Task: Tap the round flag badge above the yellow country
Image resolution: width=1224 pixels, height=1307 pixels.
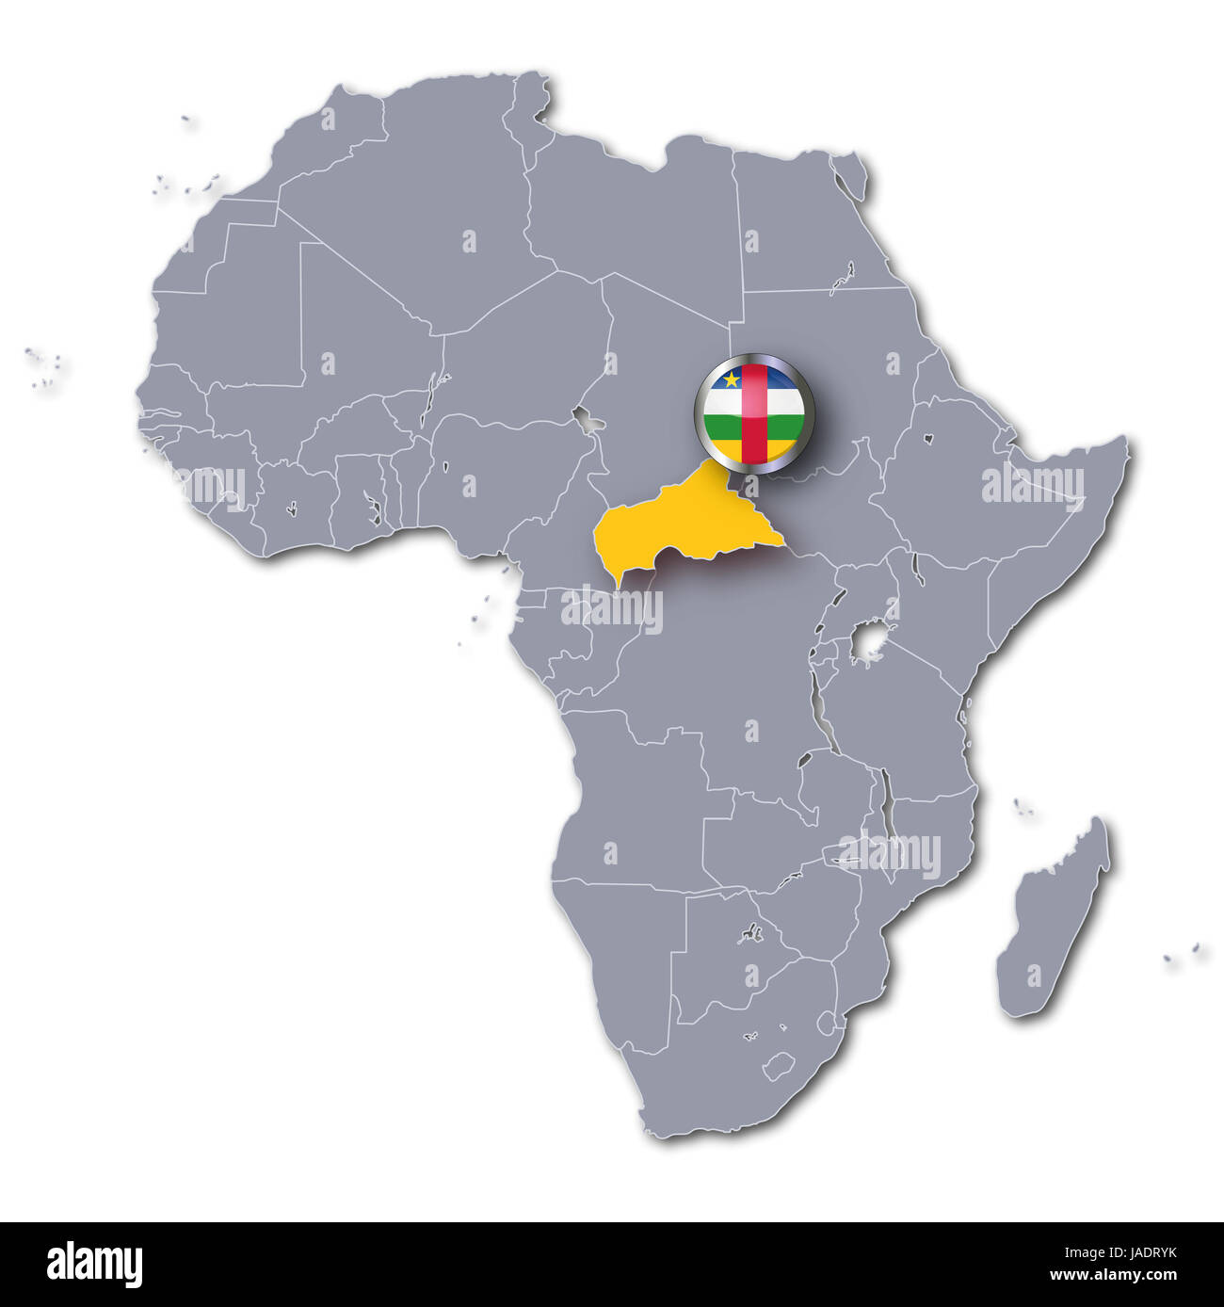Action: (x=751, y=409)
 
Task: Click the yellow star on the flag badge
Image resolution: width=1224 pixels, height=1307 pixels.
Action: (x=730, y=380)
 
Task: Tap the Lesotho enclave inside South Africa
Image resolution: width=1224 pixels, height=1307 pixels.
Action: (x=778, y=1067)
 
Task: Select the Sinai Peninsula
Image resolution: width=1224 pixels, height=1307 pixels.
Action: (x=851, y=179)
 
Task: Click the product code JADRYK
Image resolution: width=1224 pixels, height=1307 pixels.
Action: (x=1143, y=1253)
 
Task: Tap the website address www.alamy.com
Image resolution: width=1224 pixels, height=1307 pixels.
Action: (x=1121, y=1277)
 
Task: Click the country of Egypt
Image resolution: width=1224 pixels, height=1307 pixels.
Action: (x=800, y=226)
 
